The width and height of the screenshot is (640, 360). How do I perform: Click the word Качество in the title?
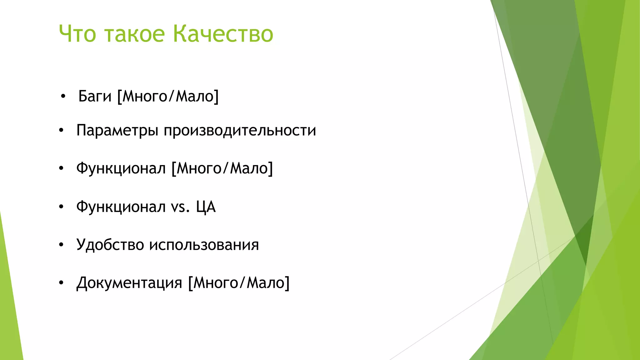tap(223, 34)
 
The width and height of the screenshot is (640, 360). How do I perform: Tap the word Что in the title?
tap(77, 34)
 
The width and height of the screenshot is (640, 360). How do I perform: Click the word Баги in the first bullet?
tap(95, 96)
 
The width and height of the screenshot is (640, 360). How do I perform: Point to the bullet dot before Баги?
tap(63, 97)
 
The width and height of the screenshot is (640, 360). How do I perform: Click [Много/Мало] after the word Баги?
tap(168, 96)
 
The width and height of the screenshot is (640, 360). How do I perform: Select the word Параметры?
tap(117, 131)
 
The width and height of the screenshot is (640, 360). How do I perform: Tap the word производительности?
tap(240, 131)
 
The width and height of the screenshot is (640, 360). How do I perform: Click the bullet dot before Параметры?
tap(61, 130)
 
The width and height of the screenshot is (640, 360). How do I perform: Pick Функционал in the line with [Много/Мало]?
tap(121, 169)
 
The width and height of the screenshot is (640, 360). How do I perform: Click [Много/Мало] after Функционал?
tap(222, 169)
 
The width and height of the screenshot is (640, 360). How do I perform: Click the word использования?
tap(204, 245)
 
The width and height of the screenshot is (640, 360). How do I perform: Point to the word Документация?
tap(129, 283)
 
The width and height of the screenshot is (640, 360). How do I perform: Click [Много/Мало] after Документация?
tap(239, 283)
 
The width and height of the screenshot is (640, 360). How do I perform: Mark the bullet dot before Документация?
tap(61, 283)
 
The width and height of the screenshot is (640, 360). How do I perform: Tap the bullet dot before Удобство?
tap(61, 245)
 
